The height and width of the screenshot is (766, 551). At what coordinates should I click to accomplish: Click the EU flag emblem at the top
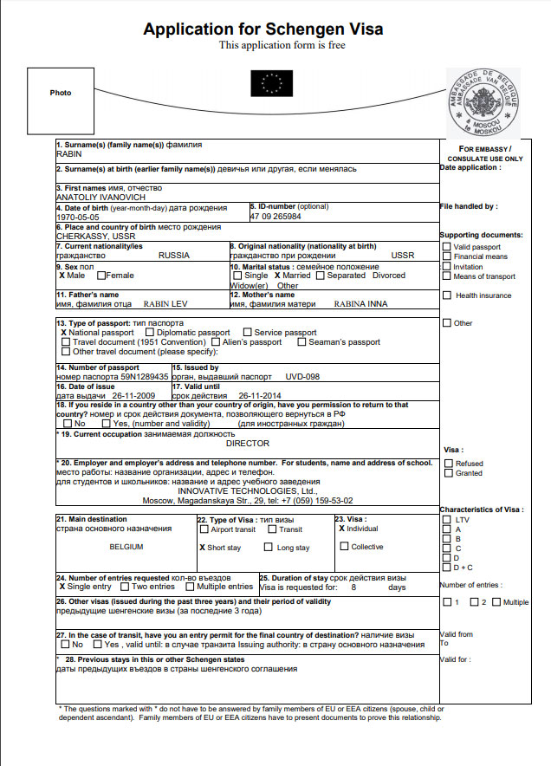(x=272, y=83)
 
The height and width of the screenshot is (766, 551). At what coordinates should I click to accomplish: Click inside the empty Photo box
(x=60, y=94)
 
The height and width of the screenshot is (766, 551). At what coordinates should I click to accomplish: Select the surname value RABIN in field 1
(x=69, y=153)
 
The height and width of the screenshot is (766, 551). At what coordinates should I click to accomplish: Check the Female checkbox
(x=102, y=276)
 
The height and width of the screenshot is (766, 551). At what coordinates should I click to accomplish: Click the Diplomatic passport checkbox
(x=151, y=333)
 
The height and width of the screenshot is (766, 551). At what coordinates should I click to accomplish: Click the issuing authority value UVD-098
(x=302, y=378)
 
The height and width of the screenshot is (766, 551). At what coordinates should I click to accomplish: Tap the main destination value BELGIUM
(x=126, y=548)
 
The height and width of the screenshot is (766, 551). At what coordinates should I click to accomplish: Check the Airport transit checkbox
(x=204, y=529)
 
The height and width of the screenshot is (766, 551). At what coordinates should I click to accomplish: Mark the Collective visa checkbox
(x=345, y=547)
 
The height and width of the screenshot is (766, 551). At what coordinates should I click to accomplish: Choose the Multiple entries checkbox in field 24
(x=191, y=587)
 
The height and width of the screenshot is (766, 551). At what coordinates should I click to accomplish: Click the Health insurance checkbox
(x=447, y=295)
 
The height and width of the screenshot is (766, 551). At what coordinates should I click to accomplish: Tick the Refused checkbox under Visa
(x=447, y=464)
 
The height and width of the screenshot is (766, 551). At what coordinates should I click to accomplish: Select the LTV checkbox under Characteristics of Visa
(x=447, y=520)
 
